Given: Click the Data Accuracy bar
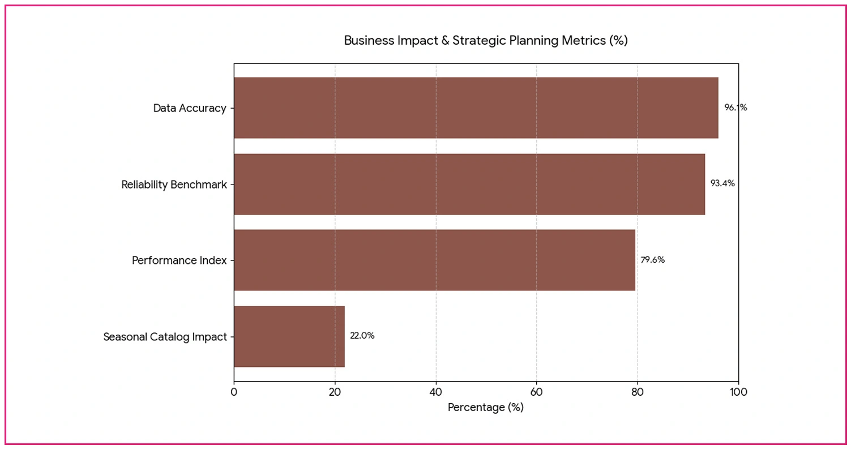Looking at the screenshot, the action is pyautogui.click(x=476, y=108).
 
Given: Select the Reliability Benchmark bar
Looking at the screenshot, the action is pyautogui.click(x=469, y=184).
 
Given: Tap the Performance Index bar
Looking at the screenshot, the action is pyautogui.click(x=434, y=260).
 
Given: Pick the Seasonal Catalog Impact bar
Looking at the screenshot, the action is pyautogui.click(x=289, y=336).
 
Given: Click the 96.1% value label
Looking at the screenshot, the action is pyautogui.click(x=735, y=108).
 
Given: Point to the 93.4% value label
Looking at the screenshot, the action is pyautogui.click(x=722, y=183).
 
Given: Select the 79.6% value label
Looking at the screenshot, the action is pyautogui.click(x=652, y=260).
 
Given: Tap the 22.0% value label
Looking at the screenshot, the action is pyautogui.click(x=362, y=336).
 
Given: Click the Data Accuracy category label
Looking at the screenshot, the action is pyautogui.click(x=190, y=108).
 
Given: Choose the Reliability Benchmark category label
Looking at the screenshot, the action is pyautogui.click(x=174, y=185).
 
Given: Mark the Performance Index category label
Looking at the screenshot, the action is pyautogui.click(x=179, y=260).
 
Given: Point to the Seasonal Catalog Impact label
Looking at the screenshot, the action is pyautogui.click(x=165, y=337).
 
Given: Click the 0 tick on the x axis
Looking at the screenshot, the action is pyautogui.click(x=234, y=392).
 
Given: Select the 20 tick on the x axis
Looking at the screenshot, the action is pyautogui.click(x=335, y=392).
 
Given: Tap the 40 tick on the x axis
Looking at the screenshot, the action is pyautogui.click(x=436, y=392).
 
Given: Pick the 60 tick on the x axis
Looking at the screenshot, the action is pyautogui.click(x=537, y=392).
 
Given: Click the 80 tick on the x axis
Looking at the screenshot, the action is pyautogui.click(x=638, y=392).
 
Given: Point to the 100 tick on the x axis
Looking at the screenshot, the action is pyautogui.click(x=738, y=392).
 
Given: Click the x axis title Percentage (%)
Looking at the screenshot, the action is pyautogui.click(x=486, y=408).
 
